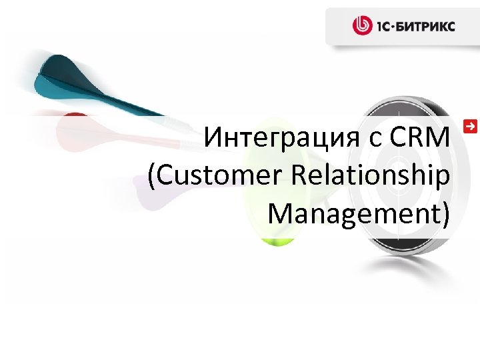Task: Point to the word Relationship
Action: pyautogui.click(x=371, y=177)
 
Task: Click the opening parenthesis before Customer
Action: pyautogui.click(x=152, y=177)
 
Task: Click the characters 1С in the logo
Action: pyautogui.click(x=385, y=27)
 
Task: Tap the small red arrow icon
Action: pyautogui.click(x=471, y=125)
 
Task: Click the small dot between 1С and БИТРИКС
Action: pyautogui.click(x=397, y=27)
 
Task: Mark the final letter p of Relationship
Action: pyautogui.click(x=443, y=179)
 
